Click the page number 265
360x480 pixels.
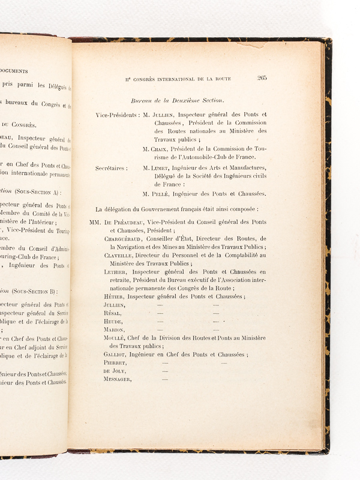point(262,77)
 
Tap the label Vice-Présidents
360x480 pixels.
point(118,114)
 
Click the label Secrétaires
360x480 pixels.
point(112,168)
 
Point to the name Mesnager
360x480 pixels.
point(118,379)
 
